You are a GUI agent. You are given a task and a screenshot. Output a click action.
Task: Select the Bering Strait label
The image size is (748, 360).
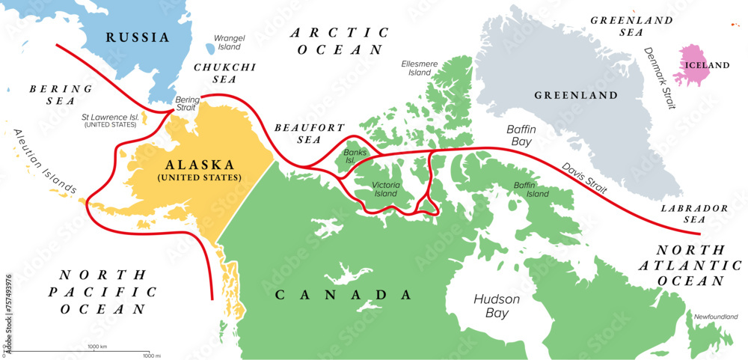click(x=188, y=104)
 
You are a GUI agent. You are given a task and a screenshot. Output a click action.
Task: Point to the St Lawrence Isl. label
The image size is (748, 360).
click(x=109, y=120)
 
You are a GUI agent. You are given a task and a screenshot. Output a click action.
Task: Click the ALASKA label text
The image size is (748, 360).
click(x=198, y=165)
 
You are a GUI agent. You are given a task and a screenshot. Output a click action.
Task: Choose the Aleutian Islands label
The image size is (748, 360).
click(x=44, y=160)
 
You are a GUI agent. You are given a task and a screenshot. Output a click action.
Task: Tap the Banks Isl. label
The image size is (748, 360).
click(x=352, y=157)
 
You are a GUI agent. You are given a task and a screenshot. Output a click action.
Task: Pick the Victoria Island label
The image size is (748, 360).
click(x=387, y=189)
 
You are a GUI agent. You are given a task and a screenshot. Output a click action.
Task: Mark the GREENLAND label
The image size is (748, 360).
click(x=575, y=95)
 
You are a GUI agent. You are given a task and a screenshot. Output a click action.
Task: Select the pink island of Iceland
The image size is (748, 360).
click(x=699, y=66)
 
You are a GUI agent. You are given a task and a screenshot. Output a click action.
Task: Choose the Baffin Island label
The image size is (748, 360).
click(x=531, y=189)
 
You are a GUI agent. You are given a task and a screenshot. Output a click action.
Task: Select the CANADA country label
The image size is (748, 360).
click(x=333, y=295)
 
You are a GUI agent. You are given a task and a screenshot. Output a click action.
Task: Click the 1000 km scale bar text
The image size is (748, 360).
click(x=97, y=347)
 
